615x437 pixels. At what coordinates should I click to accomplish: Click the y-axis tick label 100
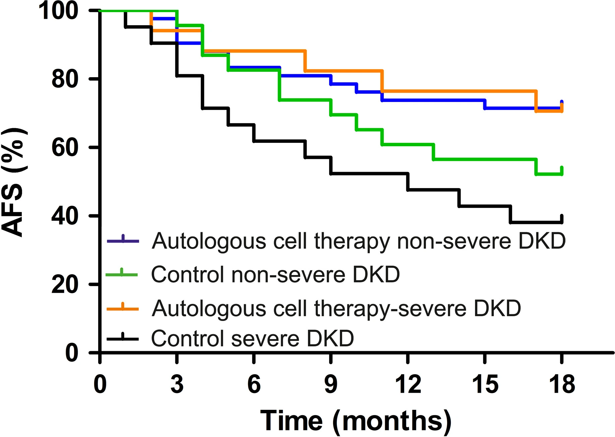(x=59, y=11)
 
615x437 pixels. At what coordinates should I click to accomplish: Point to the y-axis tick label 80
(x=65, y=79)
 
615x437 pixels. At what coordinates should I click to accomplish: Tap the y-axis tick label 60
(x=65, y=148)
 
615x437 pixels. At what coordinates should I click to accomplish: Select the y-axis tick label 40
(x=65, y=216)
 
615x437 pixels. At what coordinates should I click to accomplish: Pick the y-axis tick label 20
(x=65, y=285)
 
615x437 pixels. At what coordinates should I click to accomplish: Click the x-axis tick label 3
(x=177, y=384)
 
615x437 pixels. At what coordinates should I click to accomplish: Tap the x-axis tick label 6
(x=254, y=384)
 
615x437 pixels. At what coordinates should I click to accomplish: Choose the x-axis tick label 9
(x=331, y=384)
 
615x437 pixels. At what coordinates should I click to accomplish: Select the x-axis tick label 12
(x=408, y=384)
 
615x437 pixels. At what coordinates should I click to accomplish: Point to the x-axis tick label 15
(x=485, y=384)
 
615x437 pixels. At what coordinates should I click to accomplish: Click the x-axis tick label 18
(x=562, y=384)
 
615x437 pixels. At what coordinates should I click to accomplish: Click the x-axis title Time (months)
(x=356, y=421)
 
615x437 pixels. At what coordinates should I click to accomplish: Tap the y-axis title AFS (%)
(x=13, y=182)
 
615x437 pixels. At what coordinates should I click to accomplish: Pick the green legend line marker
(x=122, y=274)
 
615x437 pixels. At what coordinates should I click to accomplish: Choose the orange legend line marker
(x=123, y=308)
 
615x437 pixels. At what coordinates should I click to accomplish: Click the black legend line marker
(x=123, y=338)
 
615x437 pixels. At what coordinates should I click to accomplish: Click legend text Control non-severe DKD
(x=275, y=274)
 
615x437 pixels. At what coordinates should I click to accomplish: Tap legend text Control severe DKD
(x=252, y=338)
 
